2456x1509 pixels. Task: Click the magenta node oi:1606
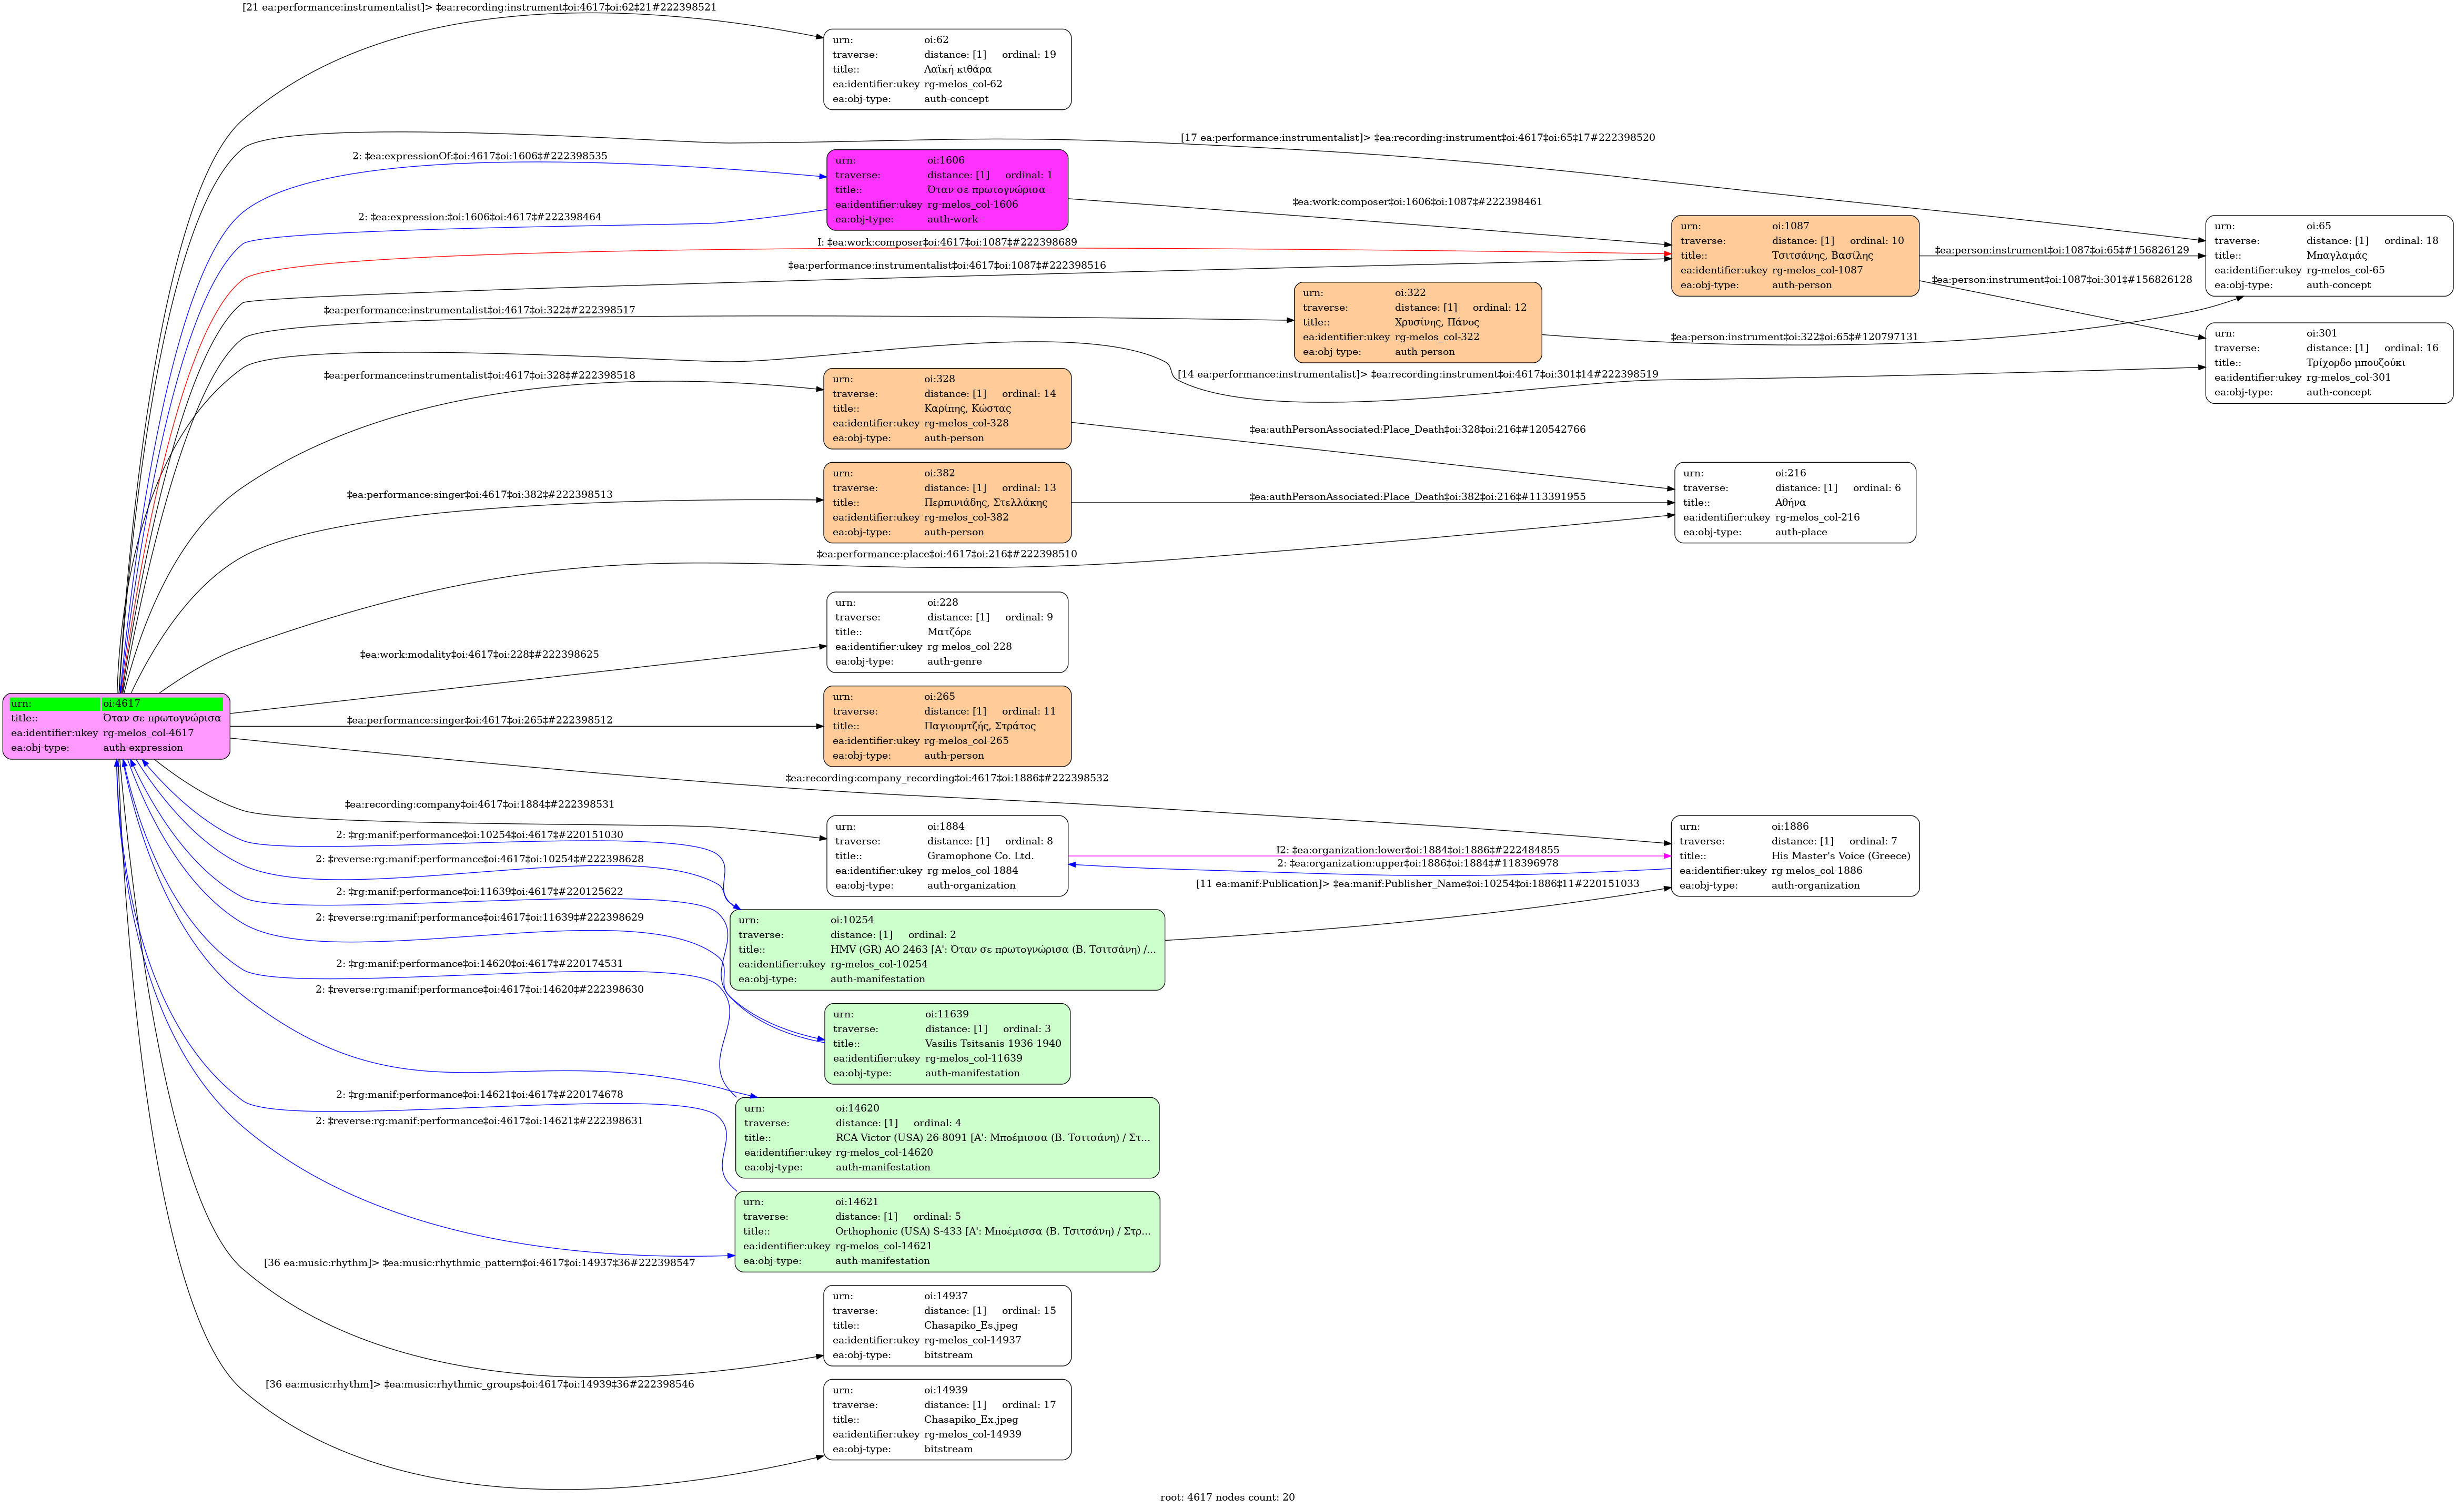click(946, 190)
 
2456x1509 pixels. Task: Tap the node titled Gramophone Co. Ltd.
click(946, 855)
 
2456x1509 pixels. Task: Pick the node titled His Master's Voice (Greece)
click(1794, 855)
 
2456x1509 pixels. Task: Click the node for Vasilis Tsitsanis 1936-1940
click(946, 1043)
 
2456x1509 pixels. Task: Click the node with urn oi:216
click(1794, 502)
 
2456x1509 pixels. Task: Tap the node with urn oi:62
click(946, 69)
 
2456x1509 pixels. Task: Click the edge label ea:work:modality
click(479, 655)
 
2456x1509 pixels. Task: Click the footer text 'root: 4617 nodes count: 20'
click(1227, 1497)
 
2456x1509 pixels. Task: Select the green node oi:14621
click(946, 1230)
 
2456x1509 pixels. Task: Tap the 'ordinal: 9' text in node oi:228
click(1028, 617)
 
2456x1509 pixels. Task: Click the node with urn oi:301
click(2328, 362)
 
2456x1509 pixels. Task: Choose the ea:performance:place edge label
click(946, 554)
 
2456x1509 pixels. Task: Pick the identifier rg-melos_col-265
click(966, 740)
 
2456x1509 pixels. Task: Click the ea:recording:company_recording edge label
click(946, 778)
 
